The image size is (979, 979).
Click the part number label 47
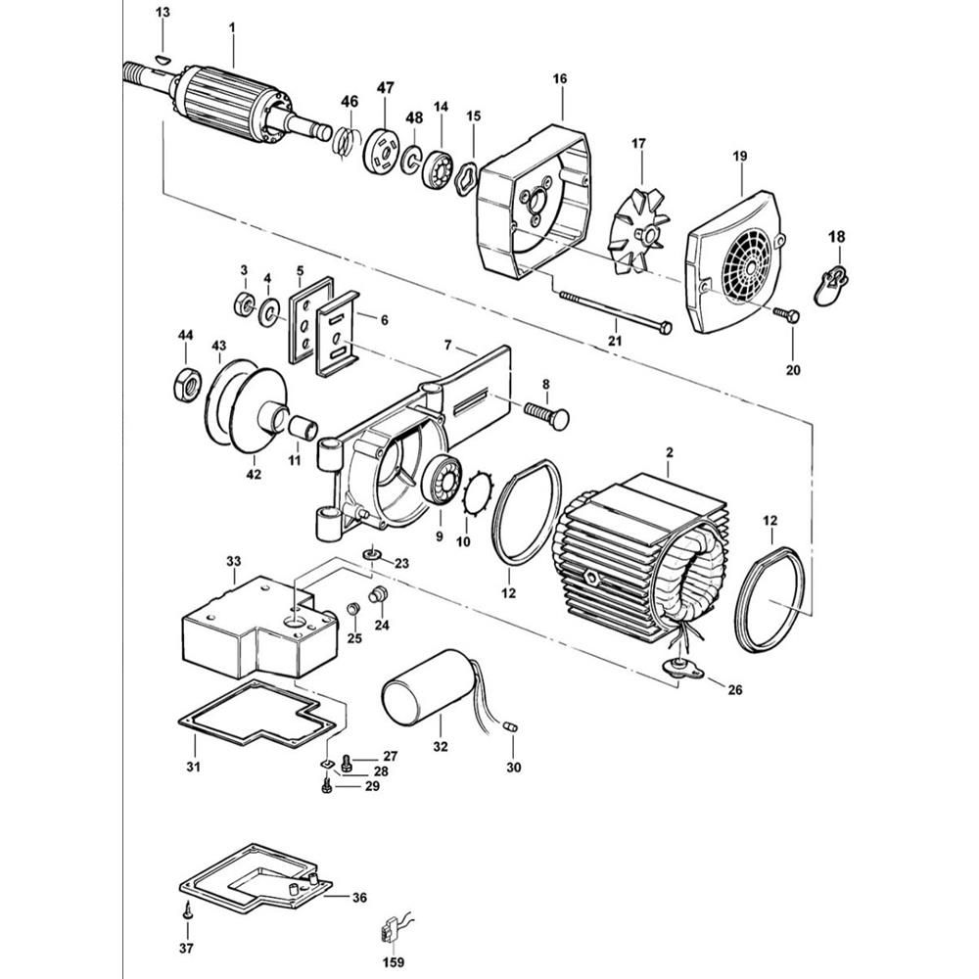(x=385, y=88)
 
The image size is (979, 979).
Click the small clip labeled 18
(x=831, y=284)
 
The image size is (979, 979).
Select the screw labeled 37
(x=187, y=909)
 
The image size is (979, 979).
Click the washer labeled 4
(x=266, y=314)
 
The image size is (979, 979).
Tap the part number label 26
(x=734, y=690)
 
